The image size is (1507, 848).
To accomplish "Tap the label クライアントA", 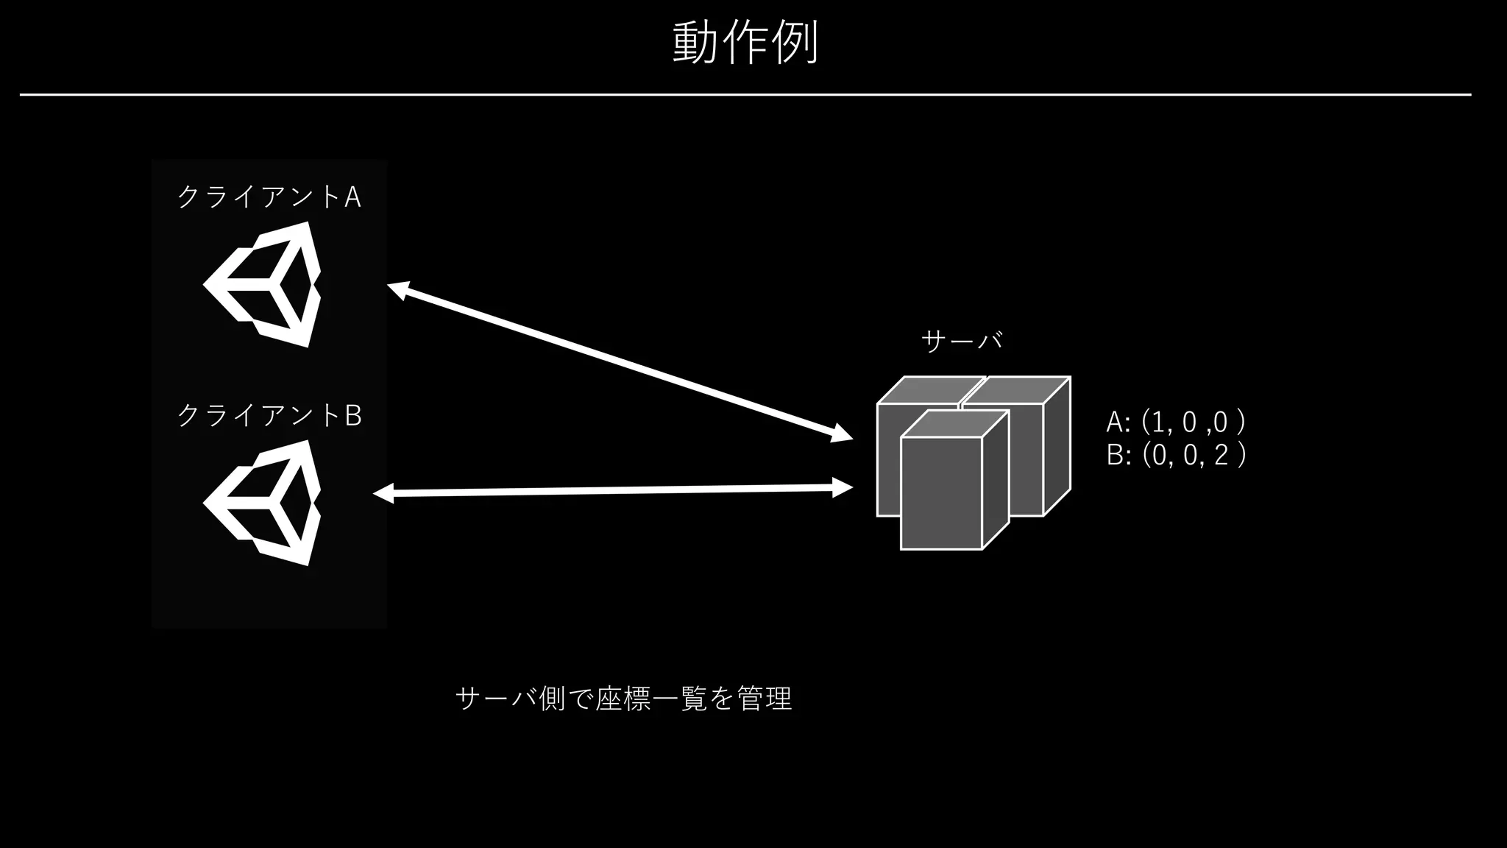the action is (x=269, y=197).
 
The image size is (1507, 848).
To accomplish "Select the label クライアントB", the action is (x=269, y=416).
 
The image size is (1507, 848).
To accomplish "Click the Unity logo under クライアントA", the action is (x=263, y=284).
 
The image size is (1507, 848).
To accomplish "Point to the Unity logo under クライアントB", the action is (x=263, y=503).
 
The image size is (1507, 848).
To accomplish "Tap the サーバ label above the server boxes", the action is (x=962, y=341).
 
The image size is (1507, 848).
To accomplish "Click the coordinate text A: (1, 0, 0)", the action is (x=1175, y=423).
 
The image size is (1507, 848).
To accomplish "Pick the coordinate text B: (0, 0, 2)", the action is (x=1176, y=456).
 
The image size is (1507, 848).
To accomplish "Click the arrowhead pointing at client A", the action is (x=397, y=290).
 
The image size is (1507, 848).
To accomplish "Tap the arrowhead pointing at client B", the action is (x=383, y=494).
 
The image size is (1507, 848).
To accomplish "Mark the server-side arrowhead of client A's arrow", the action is (x=841, y=434).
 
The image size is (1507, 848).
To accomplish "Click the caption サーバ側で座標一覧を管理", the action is (x=623, y=698).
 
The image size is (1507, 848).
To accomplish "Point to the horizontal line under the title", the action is (x=745, y=95).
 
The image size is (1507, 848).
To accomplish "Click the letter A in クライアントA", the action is (x=352, y=197).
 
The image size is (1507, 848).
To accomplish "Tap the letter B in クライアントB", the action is (x=353, y=416).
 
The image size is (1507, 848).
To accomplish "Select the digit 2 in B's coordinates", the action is (x=1221, y=456).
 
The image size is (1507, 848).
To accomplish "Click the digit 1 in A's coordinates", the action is (x=1157, y=423).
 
